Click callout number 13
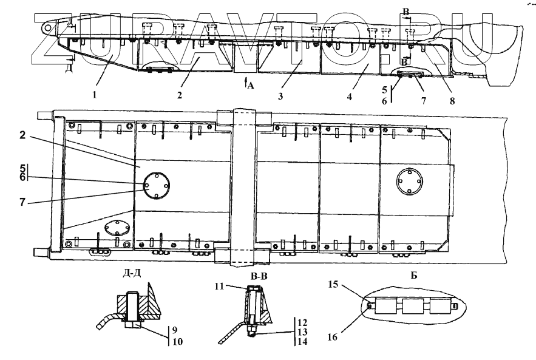(x=302, y=332)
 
